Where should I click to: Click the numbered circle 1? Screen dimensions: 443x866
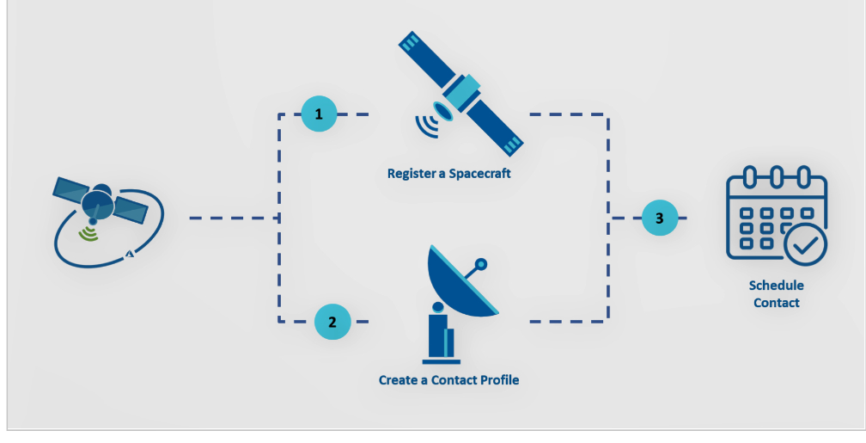319,114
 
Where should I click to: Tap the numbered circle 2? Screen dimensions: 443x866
332,322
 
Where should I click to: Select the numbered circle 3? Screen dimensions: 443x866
659,218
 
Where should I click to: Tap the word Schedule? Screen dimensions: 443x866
776,286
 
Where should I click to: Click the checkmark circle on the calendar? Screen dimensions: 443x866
805,244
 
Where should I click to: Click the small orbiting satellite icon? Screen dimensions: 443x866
100,206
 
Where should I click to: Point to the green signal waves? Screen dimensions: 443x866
88,233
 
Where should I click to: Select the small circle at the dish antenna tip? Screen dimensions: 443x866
481,264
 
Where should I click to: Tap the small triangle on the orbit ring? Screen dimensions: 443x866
131,254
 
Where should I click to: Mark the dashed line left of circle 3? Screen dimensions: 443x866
625,218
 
